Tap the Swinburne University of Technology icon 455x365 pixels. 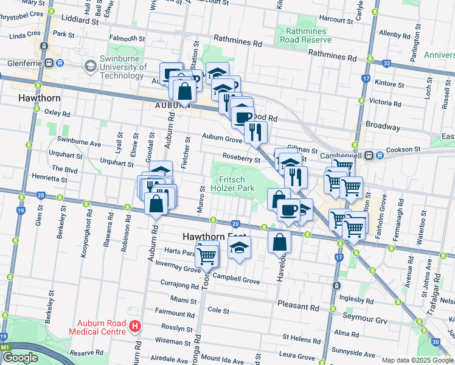pyautogui.click(x=91, y=65)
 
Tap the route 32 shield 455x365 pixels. pyautogui.click(x=386, y=63)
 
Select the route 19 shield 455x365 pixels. pyautogui.click(x=20, y=210)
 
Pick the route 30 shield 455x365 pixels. pyautogui.click(x=436, y=342)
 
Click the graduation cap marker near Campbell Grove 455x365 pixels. pyautogui.click(x=239, y=248)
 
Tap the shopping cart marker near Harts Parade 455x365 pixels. pyautogui.click(x=207, y=255)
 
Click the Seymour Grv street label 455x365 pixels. pyautogui.click(x=364, y=320)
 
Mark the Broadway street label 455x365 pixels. pyautogui.click(x=383, y=127)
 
